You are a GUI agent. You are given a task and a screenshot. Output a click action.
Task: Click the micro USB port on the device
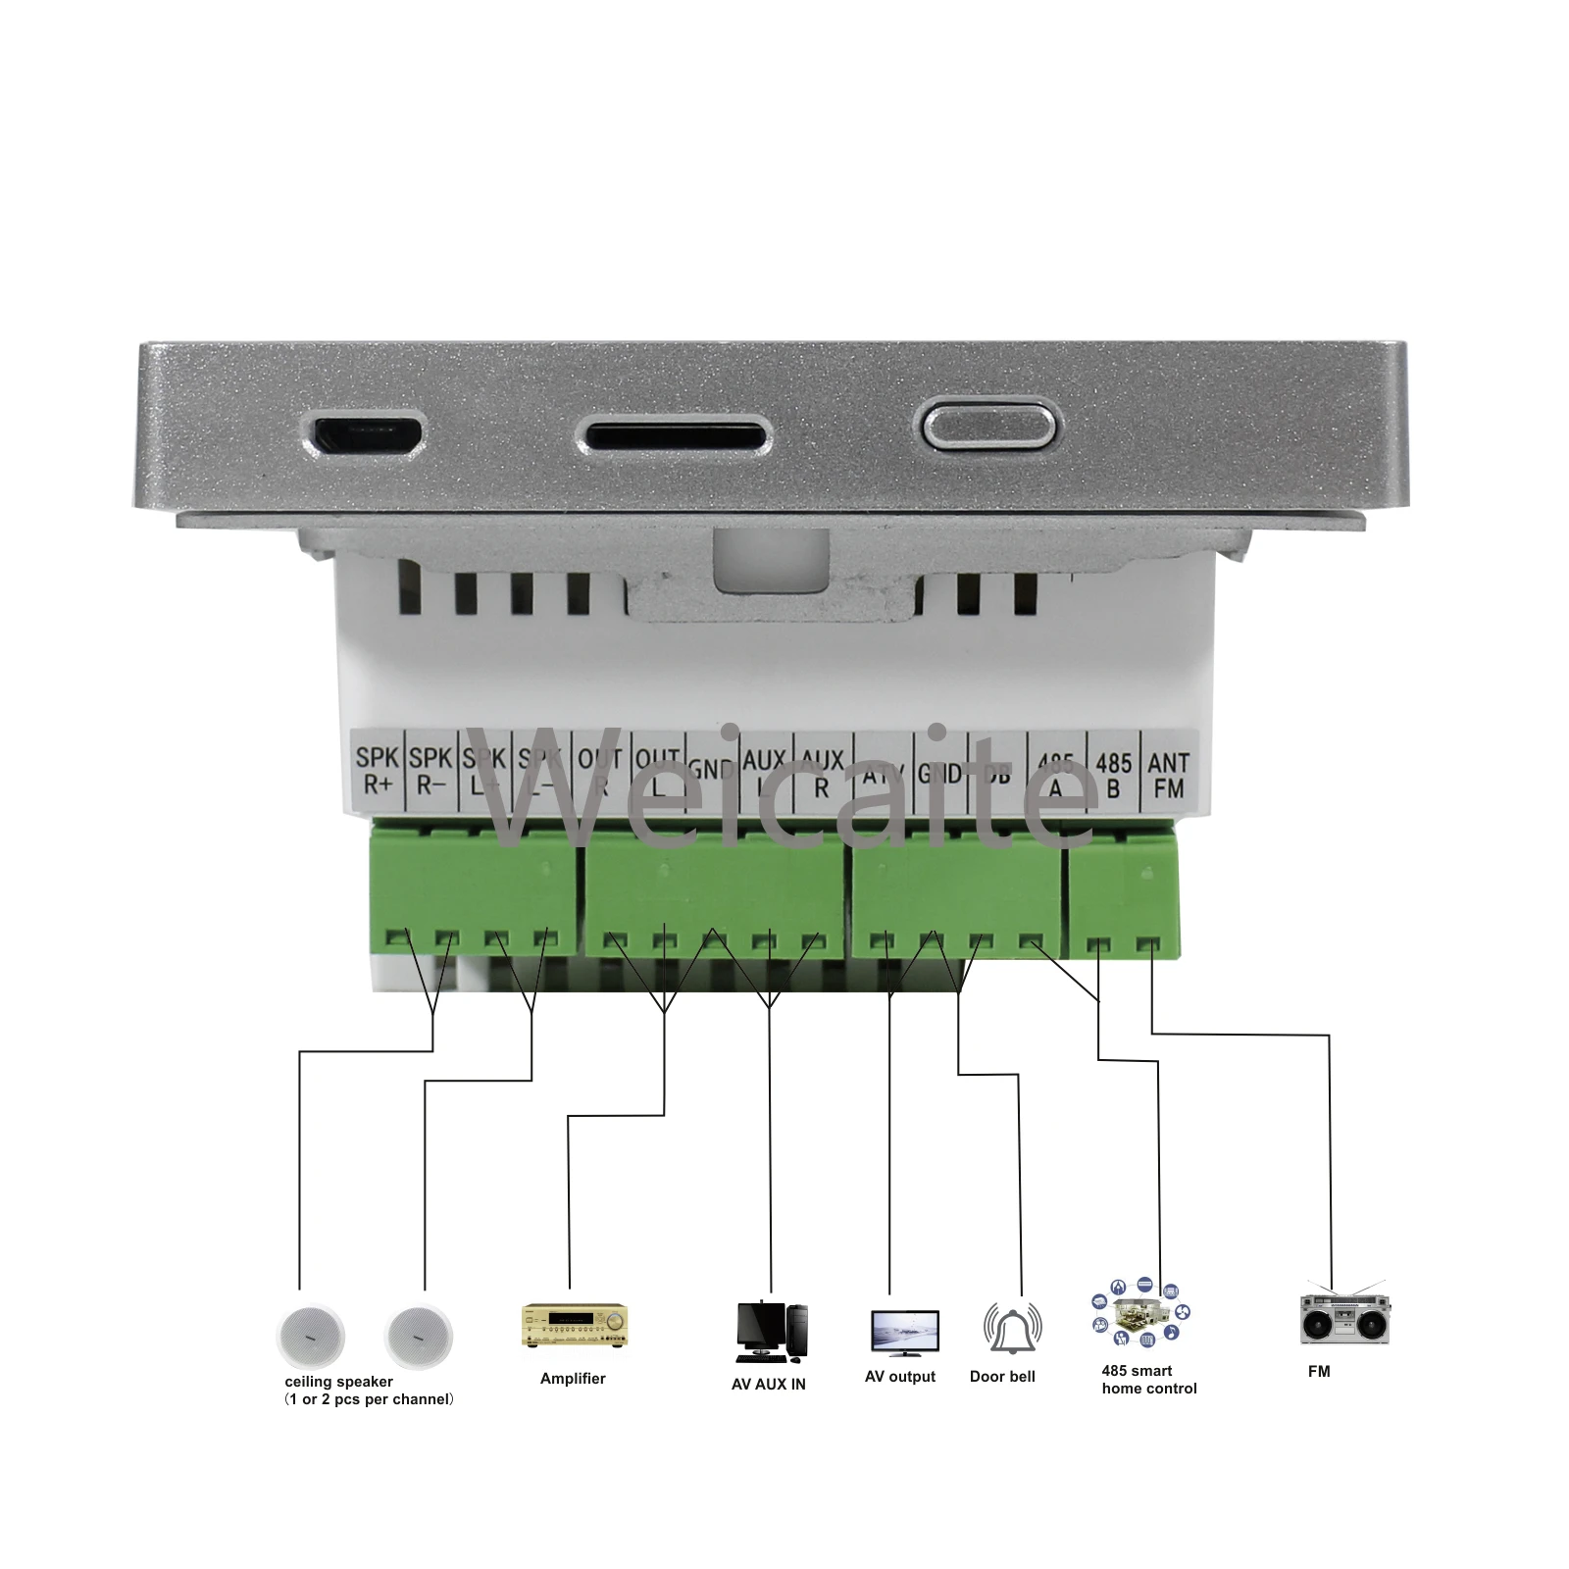pyautogui.click(x=368, y=431)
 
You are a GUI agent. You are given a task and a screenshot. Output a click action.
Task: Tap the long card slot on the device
pyautogui.click(x=673, y=432)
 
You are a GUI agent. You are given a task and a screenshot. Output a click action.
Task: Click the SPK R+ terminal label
pyautogui.click(x=378, y=771)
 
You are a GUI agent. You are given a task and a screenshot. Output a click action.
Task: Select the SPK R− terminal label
pyautogui.click(x=430, y=771)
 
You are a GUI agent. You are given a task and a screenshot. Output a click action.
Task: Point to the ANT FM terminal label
pyautogui.click(x=1168, y=775)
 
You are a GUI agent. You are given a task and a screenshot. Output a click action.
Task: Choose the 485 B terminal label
pyautogui.click(x=1113, y=775)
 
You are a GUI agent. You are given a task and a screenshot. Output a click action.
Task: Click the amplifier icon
pyautogui.click(x=574, y=1326)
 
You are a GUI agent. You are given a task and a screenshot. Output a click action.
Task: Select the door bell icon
pyautogui.click(x=1012, y=1328)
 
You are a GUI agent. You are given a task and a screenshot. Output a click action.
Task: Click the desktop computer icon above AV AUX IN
pyautogui.click(x=771, y=1332)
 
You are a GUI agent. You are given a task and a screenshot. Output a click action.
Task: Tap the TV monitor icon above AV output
pyautogui.click(x=904, y=1332)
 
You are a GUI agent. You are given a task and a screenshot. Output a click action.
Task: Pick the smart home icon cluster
pyautogui.click(x=1140, y=1313)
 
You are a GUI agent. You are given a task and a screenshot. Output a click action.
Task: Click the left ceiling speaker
pyautogui.click(x=312, y=1337)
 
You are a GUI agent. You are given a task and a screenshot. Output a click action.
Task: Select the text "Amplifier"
pyautogui.click(x=573, y=1379)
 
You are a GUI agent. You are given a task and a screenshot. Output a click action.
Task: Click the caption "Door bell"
pyautogui.click(x=1002, y=1377)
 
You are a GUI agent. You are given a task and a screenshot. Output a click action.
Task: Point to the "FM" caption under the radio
pyautogui.click(x=1319, y=1371)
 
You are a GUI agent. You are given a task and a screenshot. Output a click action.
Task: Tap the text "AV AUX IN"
pyautogui.click(x=769, y=1385)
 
